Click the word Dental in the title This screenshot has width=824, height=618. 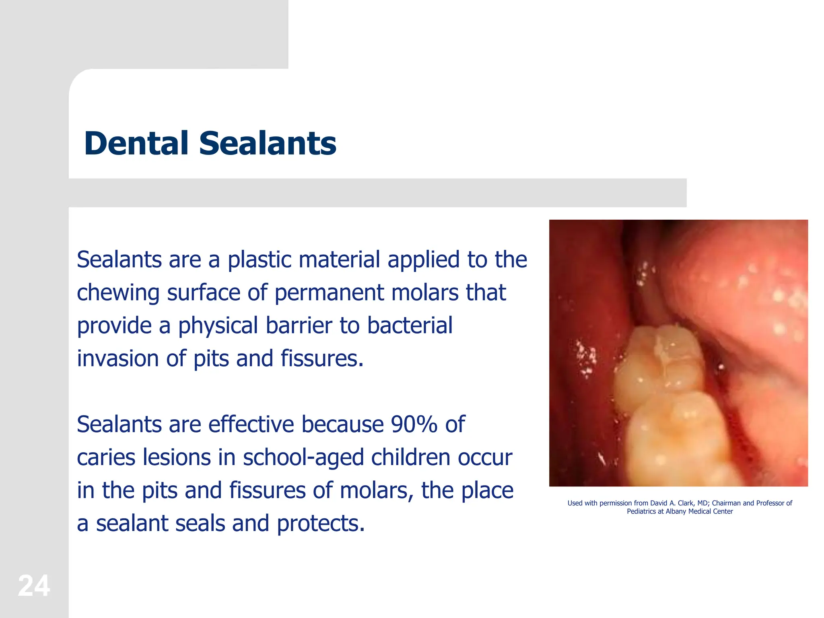(136, 143)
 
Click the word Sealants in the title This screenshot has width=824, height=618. (268, 143)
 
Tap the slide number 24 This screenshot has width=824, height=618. (34, 586)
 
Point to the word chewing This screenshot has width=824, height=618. (118, 293)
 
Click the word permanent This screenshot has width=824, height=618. (329, 293)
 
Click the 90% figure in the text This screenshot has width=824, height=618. (414, 424)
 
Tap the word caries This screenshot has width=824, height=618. (103, 457)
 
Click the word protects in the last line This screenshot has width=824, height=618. (321, 524)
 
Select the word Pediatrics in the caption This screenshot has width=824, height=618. (641, 511)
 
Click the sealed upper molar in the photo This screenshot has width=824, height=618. (660, 362)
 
